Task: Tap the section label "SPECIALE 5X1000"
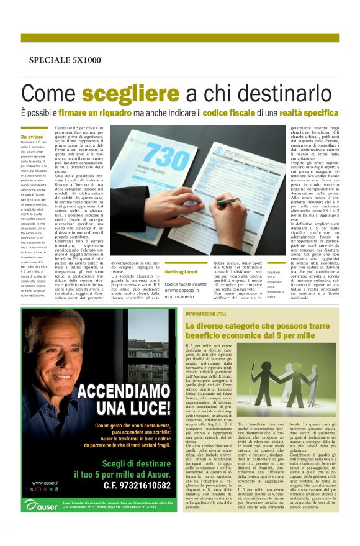pyautogui.click(x=65, y=60)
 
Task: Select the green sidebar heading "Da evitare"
pyautogui.click(x=32, y=137)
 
